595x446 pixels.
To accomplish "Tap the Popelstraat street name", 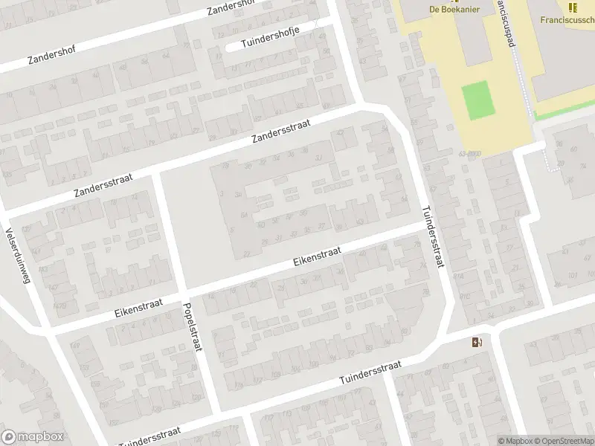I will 191,328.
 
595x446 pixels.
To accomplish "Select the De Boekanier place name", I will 454,9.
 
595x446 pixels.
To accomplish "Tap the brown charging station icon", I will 477,342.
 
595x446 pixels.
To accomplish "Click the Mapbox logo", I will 32,437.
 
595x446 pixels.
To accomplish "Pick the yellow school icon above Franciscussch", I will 572,7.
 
